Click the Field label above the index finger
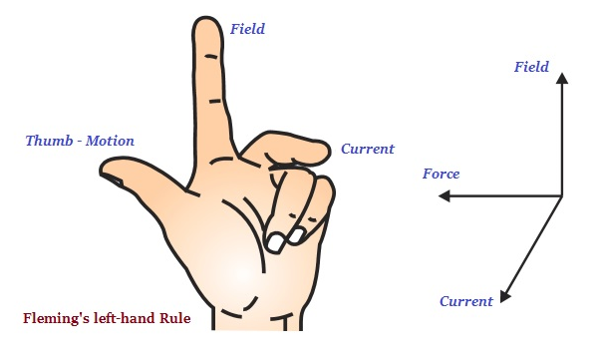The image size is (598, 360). pyautogui.click(x=247, y=29)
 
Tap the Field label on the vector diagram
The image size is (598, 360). pyautogui.click(x=531, y=67)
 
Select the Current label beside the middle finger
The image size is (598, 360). pyautogui.click(x=368, y=150)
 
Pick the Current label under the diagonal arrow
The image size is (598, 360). pyautogui.click(x=466, y=301)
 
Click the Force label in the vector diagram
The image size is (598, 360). pyautogui.click(x=441, y=175)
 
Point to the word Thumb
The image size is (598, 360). pyautogui.click(x=47, y=142)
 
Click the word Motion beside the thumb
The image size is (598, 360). pyautogui.click(x=109, y=142)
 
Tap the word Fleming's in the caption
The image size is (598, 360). pyautogui.click(x=58, y=319)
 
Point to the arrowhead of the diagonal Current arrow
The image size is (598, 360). pyautogui.click(x=505, y=296)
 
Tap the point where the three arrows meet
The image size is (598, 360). pyautogui.click(x=562, y=197)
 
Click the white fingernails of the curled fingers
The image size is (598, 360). pyautogui.click(x=287, y=238)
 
